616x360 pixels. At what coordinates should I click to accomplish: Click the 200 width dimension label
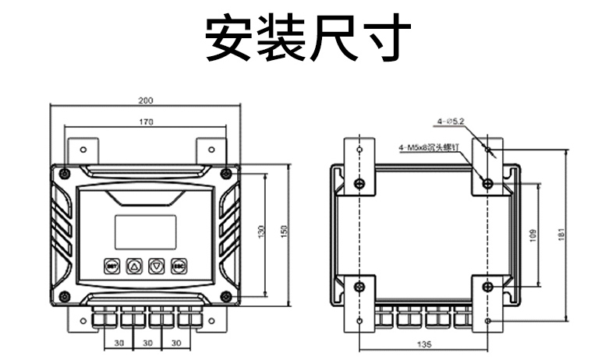146,101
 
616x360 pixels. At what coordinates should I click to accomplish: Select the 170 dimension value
146,122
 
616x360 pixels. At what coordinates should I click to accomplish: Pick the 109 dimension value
533,234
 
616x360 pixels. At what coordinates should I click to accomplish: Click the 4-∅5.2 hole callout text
451,122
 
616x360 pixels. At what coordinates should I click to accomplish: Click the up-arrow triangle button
133,266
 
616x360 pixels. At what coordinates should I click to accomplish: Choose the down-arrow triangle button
157,266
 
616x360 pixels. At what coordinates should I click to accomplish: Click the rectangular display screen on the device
146,231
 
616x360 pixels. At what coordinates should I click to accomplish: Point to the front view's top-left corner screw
65,172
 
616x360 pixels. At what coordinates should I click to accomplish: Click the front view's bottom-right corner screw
226,295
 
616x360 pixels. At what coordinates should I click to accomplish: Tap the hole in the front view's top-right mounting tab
211,149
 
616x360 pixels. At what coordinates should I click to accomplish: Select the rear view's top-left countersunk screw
359,183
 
